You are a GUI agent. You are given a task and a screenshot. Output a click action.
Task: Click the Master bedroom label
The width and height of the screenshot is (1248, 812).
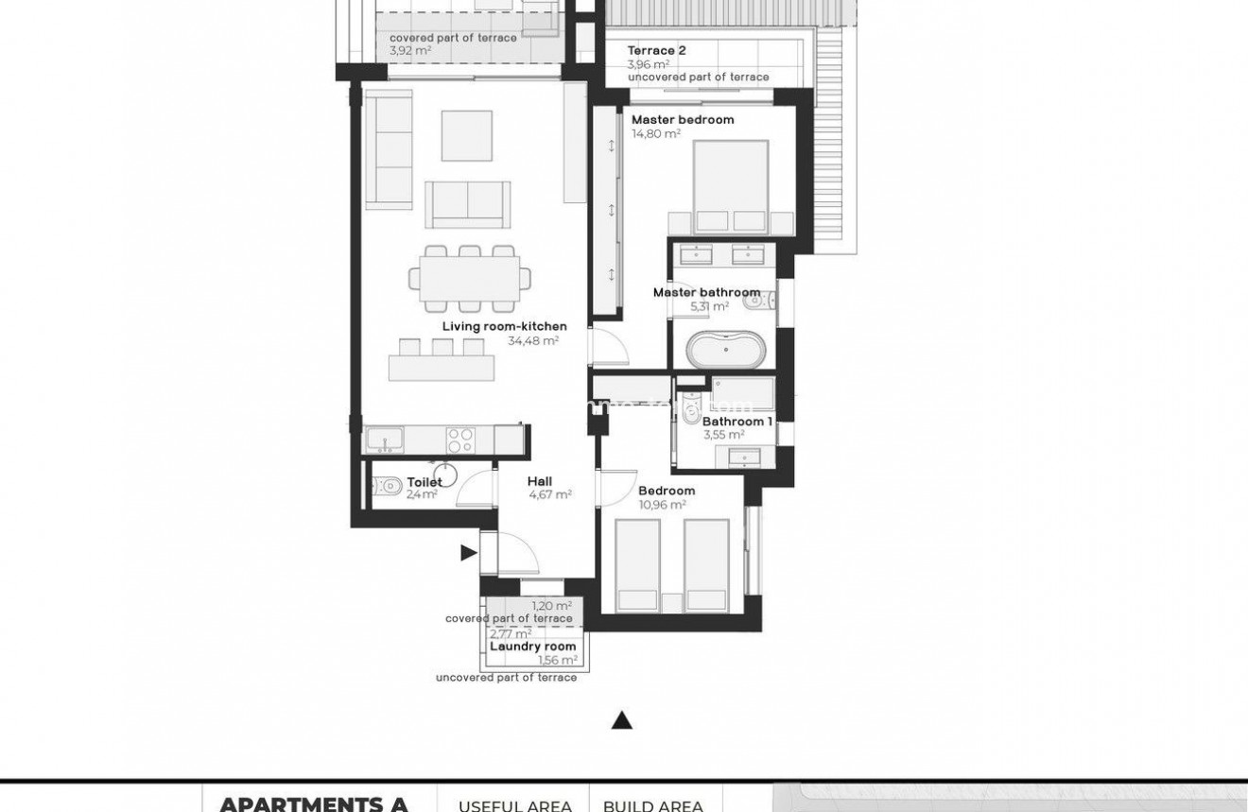click(x=682, y=120)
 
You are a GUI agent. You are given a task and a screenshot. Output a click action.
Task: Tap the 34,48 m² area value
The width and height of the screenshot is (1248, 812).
click(x=533, y=341)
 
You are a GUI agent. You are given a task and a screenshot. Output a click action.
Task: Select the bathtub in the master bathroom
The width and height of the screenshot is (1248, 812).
click(x=723, y=349)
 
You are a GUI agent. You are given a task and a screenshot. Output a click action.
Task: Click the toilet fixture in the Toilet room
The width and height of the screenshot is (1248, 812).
click(x=389, y=486)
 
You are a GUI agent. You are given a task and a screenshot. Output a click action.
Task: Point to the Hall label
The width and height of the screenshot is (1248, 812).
click(x=540, y=481)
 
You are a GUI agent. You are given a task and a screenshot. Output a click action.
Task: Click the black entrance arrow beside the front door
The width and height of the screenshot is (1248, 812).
click(x=468, y=553)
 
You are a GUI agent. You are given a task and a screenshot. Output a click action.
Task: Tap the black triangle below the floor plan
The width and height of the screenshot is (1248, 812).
click(x=621, y=720)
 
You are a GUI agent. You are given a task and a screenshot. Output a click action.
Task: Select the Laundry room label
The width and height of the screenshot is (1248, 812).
click(x=532, y=647)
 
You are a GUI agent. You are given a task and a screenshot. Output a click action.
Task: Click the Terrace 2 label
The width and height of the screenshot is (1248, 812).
click(x=656, y=51)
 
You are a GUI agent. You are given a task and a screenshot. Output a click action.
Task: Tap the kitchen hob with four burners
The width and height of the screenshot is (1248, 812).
click(x=460, y=440)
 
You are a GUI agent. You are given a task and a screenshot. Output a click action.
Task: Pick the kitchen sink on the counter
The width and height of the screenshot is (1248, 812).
click(x=384, y=440)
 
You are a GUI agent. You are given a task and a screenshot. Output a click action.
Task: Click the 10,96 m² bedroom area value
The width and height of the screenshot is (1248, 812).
click(x=662, y=505)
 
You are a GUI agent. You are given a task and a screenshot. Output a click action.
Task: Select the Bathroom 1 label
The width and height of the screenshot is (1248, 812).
click(x=737, y=422)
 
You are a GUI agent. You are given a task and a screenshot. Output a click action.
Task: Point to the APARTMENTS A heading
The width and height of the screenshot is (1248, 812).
click(x=314, y=803)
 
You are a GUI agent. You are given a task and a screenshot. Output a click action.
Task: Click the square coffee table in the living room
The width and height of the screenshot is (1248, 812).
click(x=466, y=135)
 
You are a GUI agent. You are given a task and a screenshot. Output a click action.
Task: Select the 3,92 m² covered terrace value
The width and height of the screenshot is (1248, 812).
click(x=410, y=51)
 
